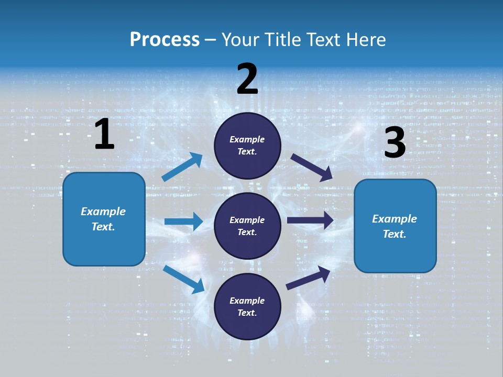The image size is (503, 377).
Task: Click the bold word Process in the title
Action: [165, 40]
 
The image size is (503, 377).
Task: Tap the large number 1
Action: [104, 135]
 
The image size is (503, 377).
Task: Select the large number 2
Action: [247, 79]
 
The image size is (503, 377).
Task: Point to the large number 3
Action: [395, 143]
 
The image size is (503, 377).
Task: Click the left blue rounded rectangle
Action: [104, 219]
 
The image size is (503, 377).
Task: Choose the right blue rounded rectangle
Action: [395, 226]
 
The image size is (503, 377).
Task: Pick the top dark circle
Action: [247, 146]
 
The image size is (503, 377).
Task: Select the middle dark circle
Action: [247, 226]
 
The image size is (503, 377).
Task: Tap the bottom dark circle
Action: [247, 306]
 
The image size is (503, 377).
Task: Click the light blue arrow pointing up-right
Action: [182, 167]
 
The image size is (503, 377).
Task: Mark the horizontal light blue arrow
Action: [183, 221]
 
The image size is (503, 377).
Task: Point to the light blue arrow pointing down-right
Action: [183, 279]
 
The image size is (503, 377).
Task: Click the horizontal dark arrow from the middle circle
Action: [310, 220]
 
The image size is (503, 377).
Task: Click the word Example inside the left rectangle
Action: [103, 212]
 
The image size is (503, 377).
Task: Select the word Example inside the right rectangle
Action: [395, 219]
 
